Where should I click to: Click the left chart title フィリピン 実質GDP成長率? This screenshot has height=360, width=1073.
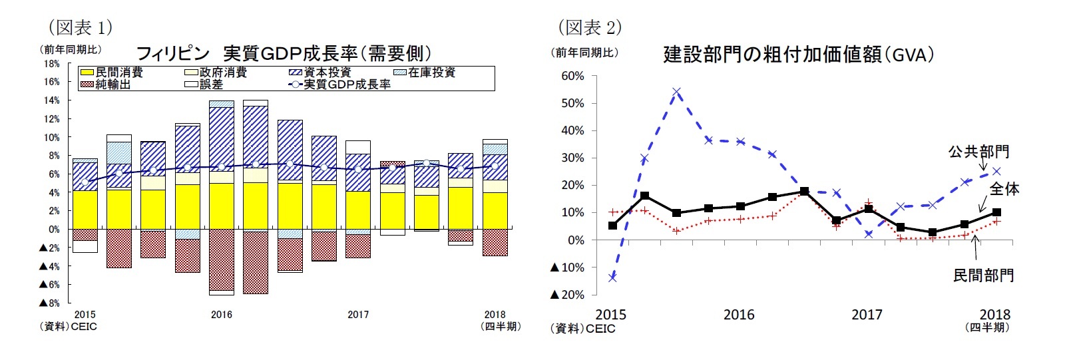(284, 54)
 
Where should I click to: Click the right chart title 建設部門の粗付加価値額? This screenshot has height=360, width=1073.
(798, 55)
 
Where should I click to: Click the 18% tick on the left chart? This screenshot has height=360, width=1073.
(52, 64)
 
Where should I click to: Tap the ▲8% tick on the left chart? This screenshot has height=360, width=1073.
(49, 303)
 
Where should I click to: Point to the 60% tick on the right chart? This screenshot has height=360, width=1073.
(572, 76)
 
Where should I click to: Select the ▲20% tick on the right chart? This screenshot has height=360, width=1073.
(567, 295)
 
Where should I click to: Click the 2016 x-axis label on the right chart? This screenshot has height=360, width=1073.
(739, 315)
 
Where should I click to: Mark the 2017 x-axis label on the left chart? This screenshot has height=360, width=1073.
(358, 315)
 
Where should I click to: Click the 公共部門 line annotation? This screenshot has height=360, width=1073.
(978, 152)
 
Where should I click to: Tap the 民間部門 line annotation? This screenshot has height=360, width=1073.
(983, 275)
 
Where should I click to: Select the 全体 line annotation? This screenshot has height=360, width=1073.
(1004, 189)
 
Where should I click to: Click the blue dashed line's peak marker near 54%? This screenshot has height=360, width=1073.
(676, 92)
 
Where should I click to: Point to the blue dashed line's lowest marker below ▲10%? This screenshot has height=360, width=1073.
(612, 277)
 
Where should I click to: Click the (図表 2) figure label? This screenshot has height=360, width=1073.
(588, 27)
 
